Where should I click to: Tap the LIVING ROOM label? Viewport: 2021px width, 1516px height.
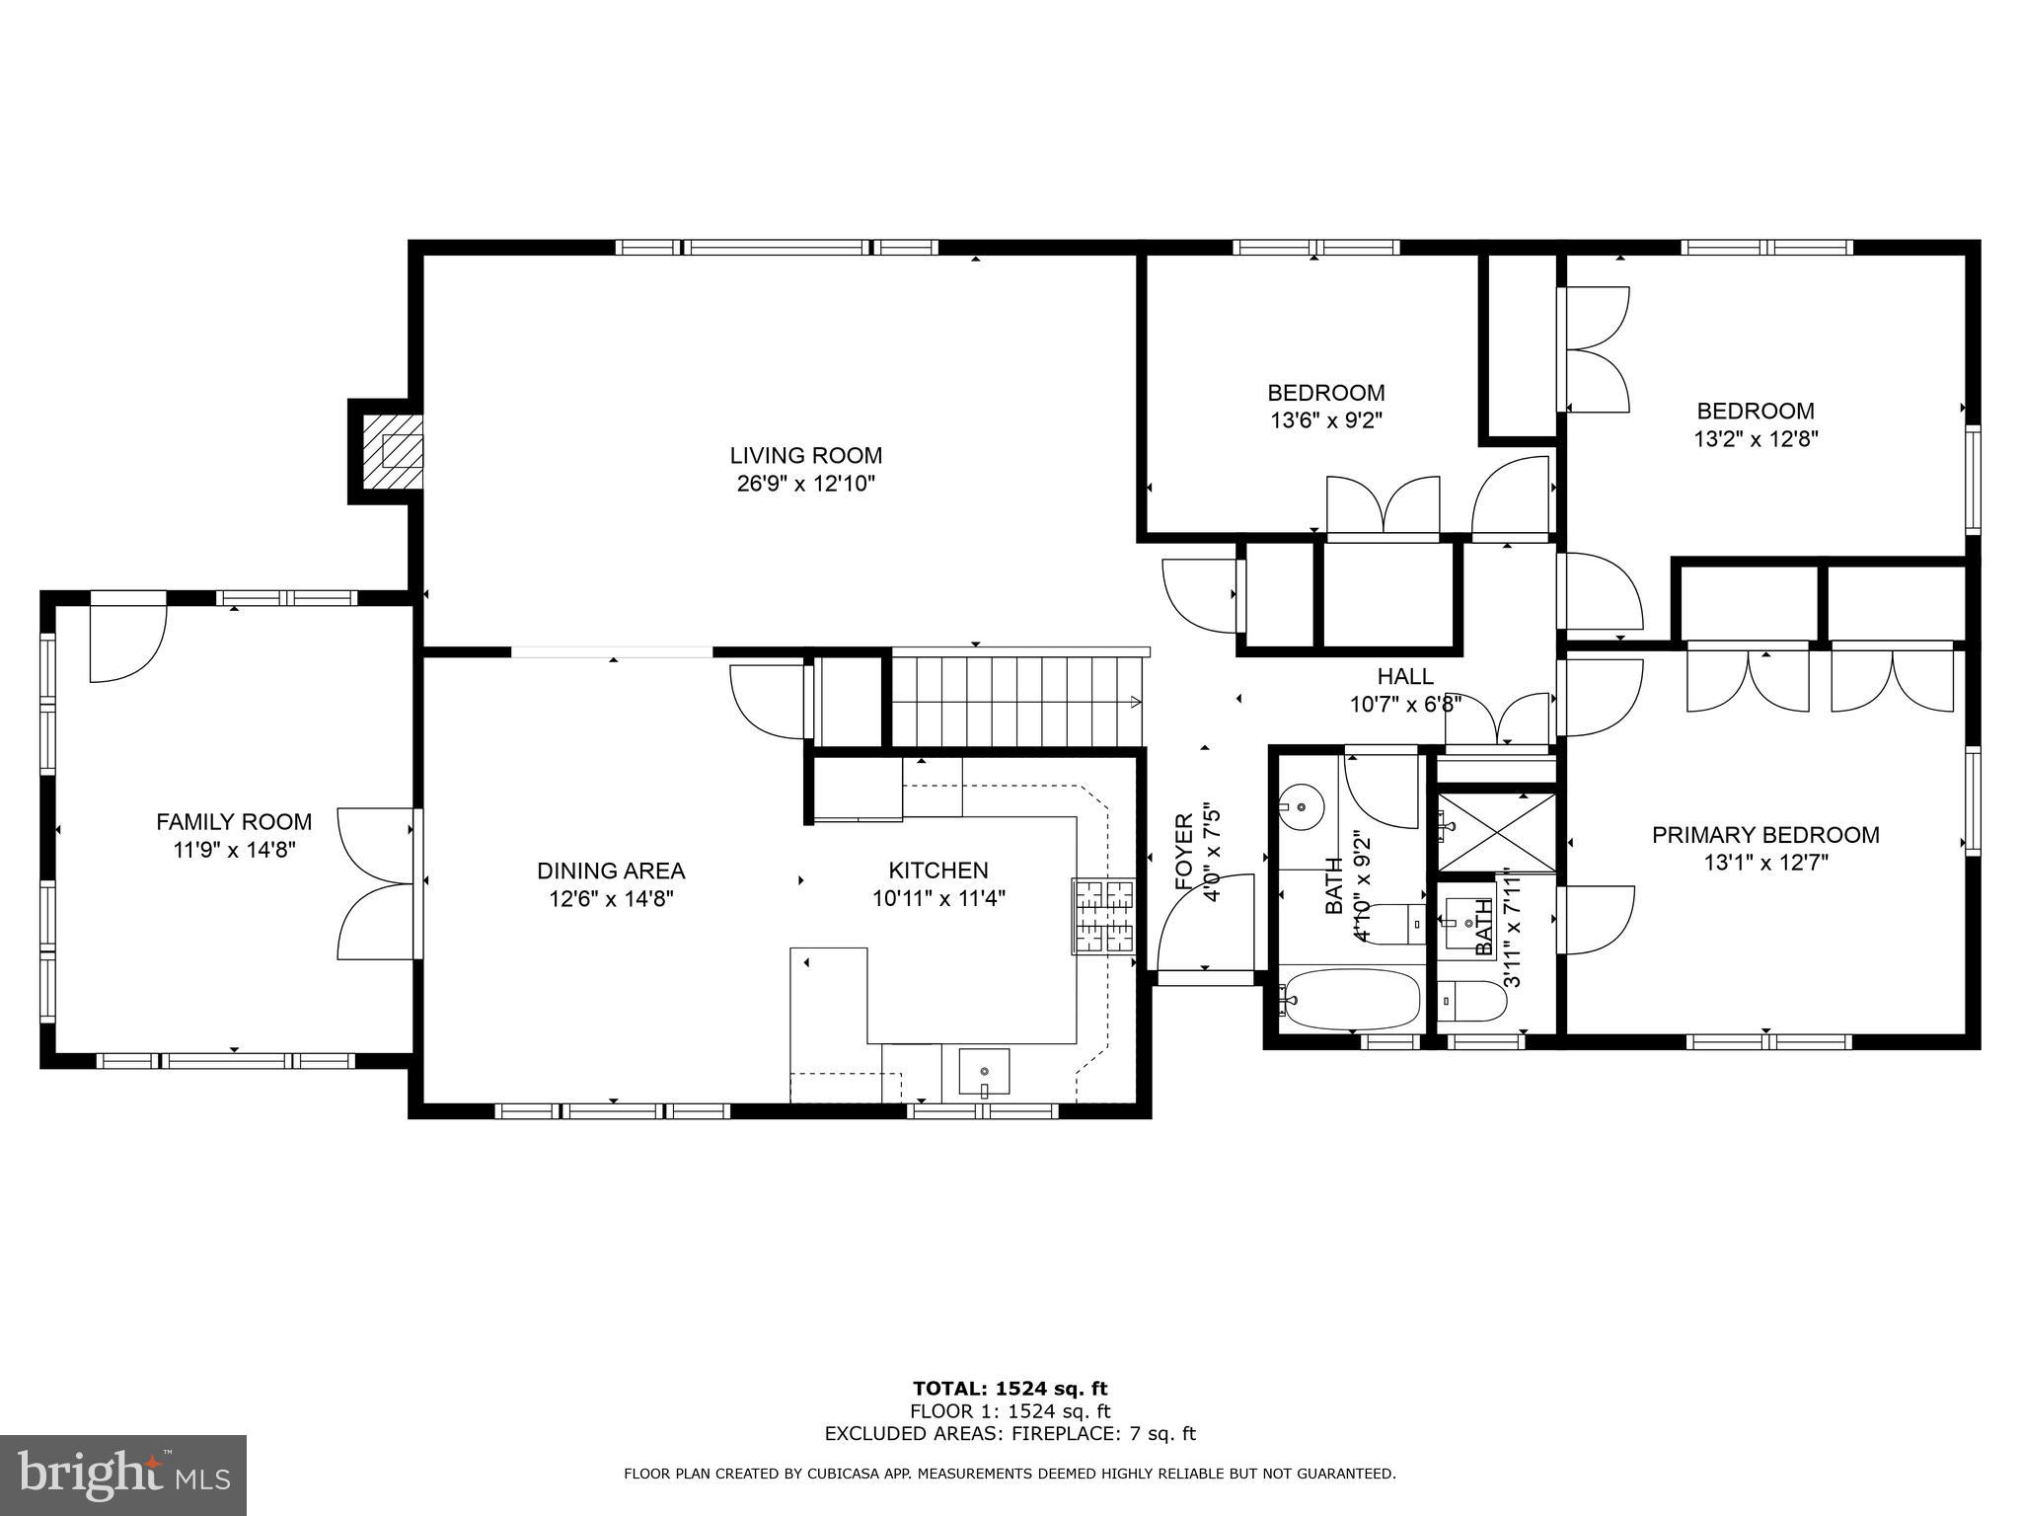805,456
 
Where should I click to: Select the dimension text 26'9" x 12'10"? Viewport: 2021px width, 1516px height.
805,484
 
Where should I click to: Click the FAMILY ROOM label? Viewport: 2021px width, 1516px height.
234,821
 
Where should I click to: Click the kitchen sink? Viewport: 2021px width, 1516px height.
984,1072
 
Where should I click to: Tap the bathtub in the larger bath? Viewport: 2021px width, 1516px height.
1350,999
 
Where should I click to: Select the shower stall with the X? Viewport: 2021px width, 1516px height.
1496,832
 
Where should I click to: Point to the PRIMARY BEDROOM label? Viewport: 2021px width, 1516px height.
1765,835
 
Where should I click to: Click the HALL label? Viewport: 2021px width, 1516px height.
1405,676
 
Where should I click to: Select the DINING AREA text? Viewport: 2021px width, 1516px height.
611,871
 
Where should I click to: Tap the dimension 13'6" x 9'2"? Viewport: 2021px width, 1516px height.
1325,420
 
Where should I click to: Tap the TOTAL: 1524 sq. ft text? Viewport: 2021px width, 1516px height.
1010,1389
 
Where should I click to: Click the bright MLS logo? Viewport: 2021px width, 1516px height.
122,1476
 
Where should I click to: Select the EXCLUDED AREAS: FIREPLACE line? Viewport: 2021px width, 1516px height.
1010,1433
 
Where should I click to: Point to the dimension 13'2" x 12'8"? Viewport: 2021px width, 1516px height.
1756,438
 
